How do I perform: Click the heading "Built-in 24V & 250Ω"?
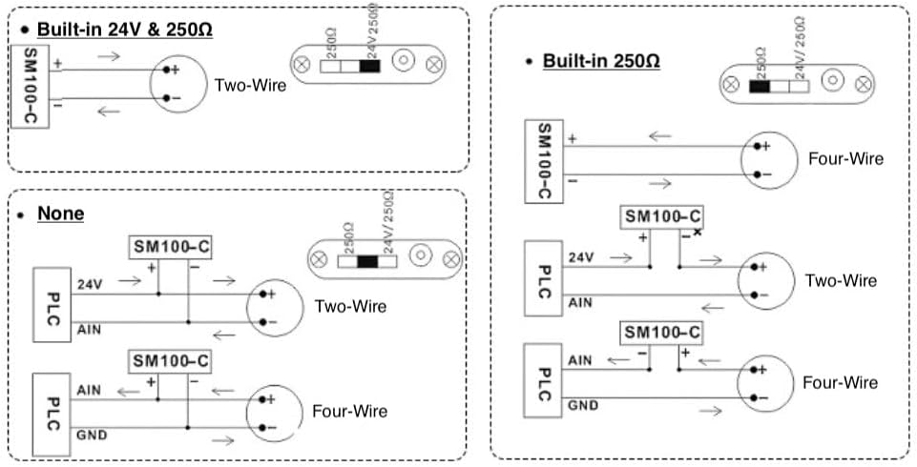click(125, 30)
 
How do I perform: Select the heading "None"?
click(60, 213)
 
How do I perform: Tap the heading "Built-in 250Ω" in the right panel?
click(601, 61)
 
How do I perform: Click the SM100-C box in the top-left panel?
click(30, 85)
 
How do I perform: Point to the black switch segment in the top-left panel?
click(370, 65)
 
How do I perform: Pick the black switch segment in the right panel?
click(761, 86)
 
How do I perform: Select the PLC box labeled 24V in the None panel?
click(53, 305)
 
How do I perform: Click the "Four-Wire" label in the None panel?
click(350, 411)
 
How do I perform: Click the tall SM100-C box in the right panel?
click(543, 161)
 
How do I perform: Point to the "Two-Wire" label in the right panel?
click(841, 280)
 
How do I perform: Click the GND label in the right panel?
click(583, 405)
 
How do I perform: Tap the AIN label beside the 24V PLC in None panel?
click(89, 329)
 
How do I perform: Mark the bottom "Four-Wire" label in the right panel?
click(840, 382)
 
